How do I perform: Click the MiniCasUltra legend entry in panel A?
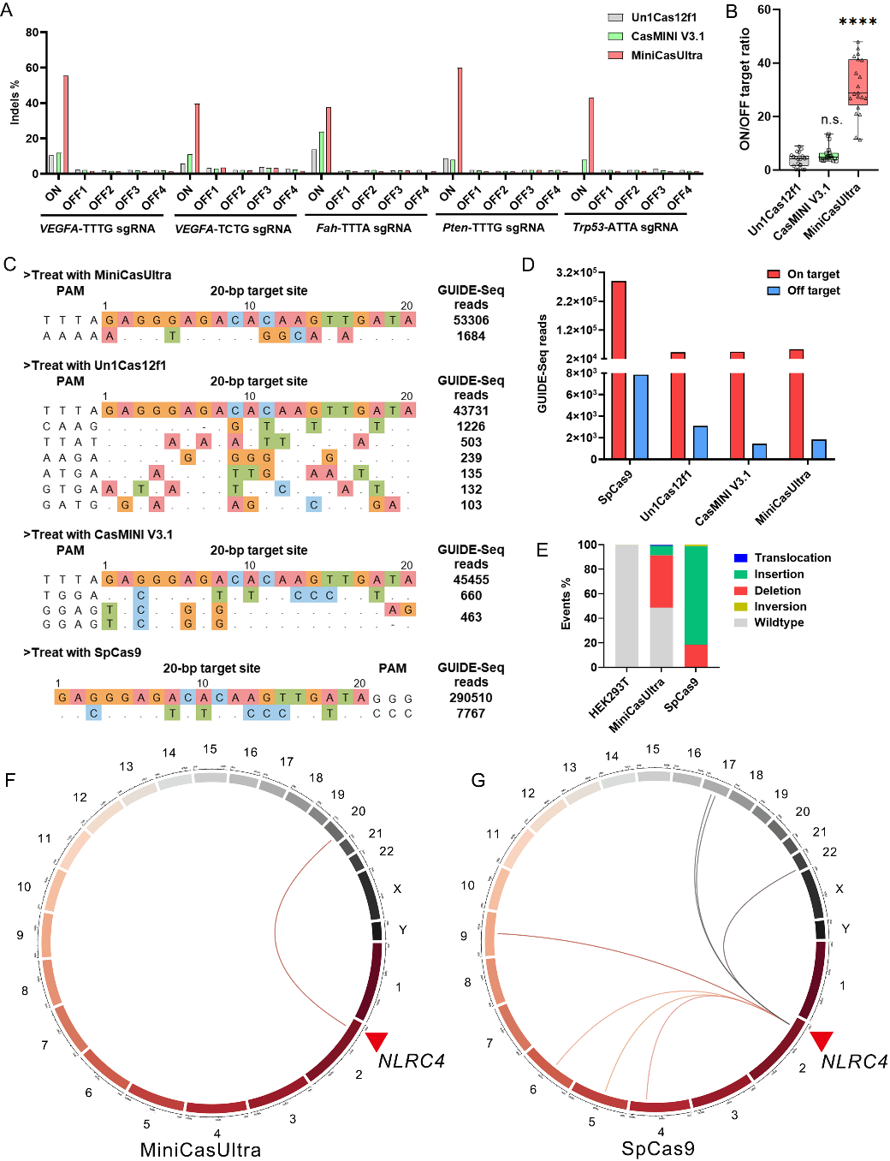666,56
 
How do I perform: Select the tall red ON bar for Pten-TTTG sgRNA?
460,121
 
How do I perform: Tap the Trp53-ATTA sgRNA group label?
625,228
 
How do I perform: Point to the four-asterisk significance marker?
857,22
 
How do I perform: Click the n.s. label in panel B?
831,120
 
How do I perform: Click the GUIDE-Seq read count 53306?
472,320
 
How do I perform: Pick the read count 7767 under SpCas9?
472,713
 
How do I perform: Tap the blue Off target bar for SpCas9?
640,417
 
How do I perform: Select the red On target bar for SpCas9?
618,368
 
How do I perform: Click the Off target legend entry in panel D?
813,291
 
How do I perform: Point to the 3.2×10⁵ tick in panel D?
577,273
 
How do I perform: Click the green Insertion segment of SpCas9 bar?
696,594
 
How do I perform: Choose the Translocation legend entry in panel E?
792,558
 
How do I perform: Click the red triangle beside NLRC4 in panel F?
377,1040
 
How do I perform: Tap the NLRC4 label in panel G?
854,1062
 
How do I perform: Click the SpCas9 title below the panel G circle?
657,1149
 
